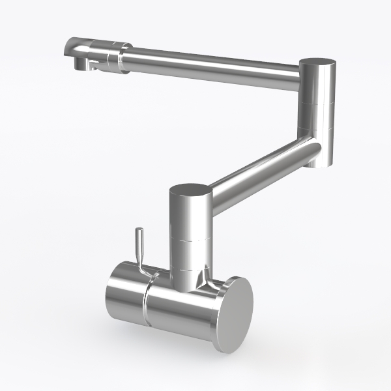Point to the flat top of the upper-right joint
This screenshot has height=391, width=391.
[318, 61]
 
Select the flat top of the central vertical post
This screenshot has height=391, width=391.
[190, 189]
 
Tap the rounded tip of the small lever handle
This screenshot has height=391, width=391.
[138, 233]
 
